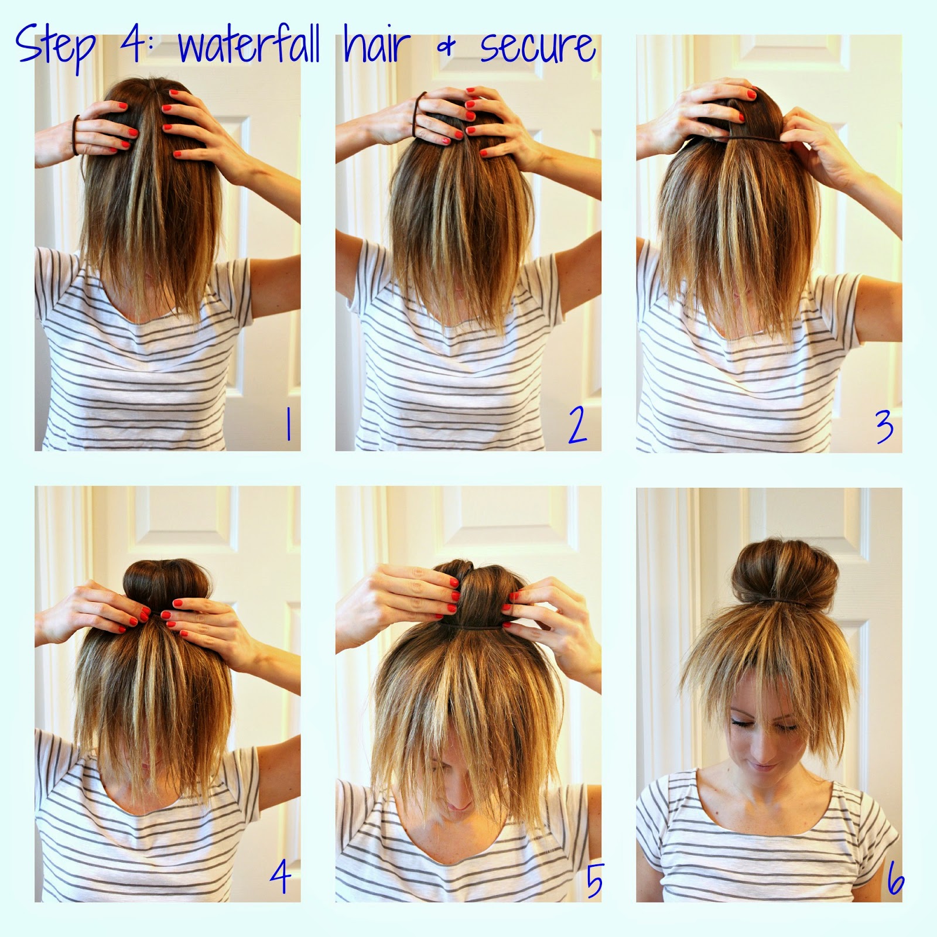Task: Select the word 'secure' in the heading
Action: tap(538, 47)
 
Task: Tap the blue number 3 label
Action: tap(883, 426)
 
